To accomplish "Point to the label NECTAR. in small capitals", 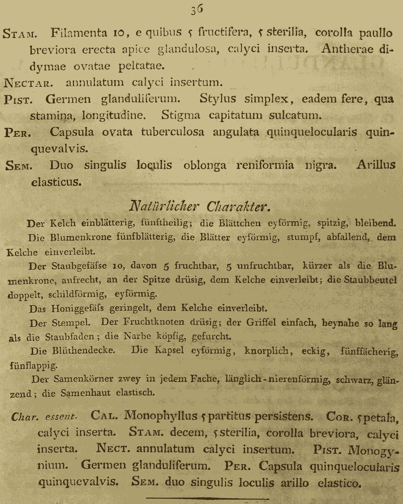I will tap(31, 83).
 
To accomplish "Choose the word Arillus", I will tap(376, 165).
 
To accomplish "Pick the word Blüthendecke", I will tap(83, 351).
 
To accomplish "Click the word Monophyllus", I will tap(161, 416).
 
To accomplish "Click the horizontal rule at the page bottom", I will tap(207, 498).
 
